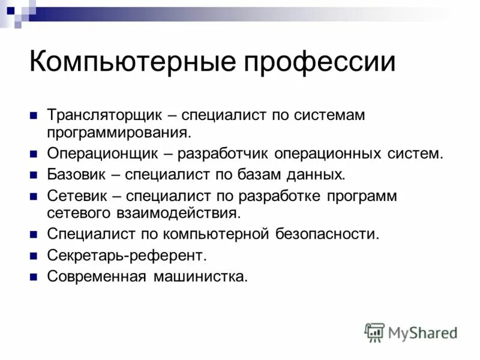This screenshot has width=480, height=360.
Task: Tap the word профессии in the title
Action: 315,63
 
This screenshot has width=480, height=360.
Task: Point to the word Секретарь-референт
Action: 127,256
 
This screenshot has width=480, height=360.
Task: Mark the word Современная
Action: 97,277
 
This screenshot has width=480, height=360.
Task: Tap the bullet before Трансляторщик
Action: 34,114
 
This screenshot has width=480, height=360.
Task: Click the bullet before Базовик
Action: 34,174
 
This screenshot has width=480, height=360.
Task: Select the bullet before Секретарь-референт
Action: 34,256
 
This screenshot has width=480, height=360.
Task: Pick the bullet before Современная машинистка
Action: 34,277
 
